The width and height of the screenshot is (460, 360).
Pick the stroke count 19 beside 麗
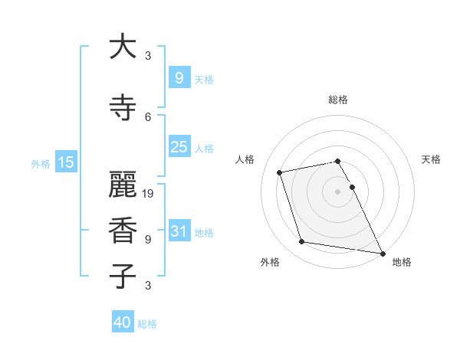click(149, 194)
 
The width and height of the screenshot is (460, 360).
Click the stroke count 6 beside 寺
click(148, 116)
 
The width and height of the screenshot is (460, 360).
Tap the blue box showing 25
click(179, 147)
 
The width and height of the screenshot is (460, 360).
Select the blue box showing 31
click(179, 232)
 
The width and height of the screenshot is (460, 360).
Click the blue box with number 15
click(65, 162)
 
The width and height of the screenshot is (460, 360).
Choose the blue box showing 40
click(123, 322)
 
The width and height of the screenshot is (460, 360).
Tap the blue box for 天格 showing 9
click(179, 77)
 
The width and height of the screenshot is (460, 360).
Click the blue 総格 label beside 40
click(147, 324)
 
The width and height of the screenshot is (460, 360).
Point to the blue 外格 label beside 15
click(40, 163)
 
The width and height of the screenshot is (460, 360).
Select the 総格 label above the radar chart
click(338, 100)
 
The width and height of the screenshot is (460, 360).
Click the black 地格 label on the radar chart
click(402, 262)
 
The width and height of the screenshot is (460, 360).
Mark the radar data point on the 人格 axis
click(280, 172)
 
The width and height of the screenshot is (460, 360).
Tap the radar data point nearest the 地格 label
click(382, 253)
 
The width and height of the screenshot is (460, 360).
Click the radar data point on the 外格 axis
click(302, 242)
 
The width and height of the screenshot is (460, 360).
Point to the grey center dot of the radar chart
click(338, 191)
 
